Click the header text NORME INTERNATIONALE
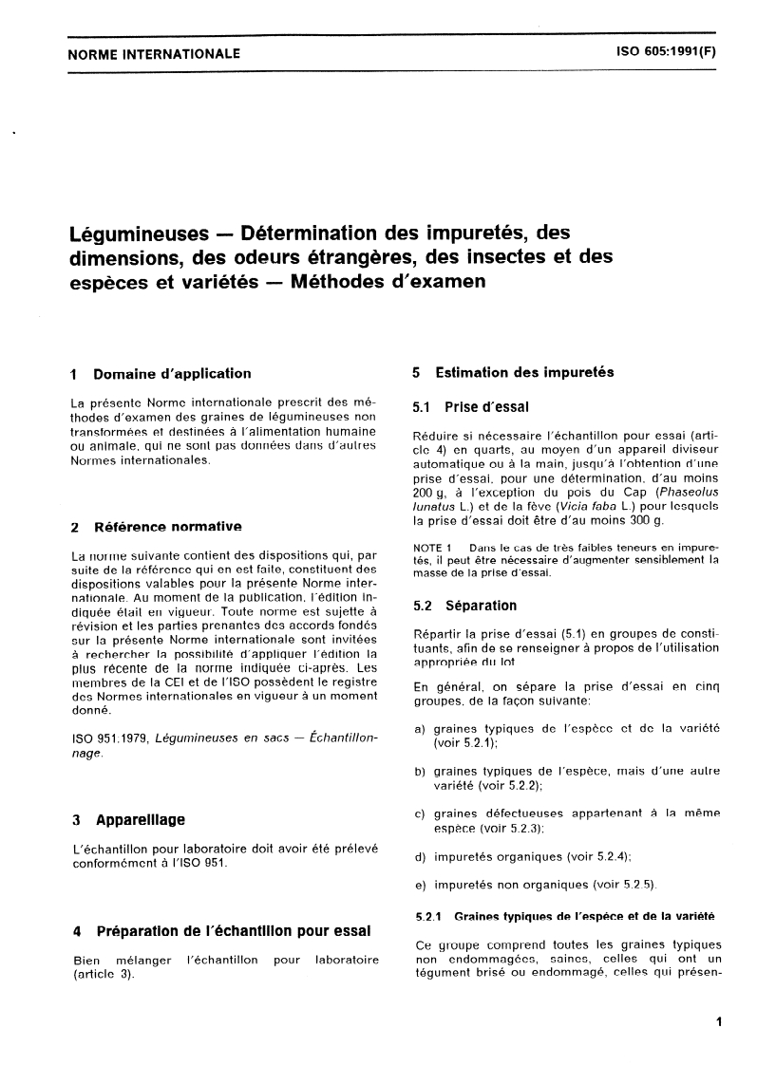pos(154,54)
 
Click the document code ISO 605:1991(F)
pos(660,53)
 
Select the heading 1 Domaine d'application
pos(161,373)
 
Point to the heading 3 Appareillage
pos(128,819)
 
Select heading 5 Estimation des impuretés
pos(513,372)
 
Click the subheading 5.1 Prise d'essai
pos(471,407)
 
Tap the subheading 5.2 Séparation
pos(465,606)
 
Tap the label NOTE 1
pos(435,548)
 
